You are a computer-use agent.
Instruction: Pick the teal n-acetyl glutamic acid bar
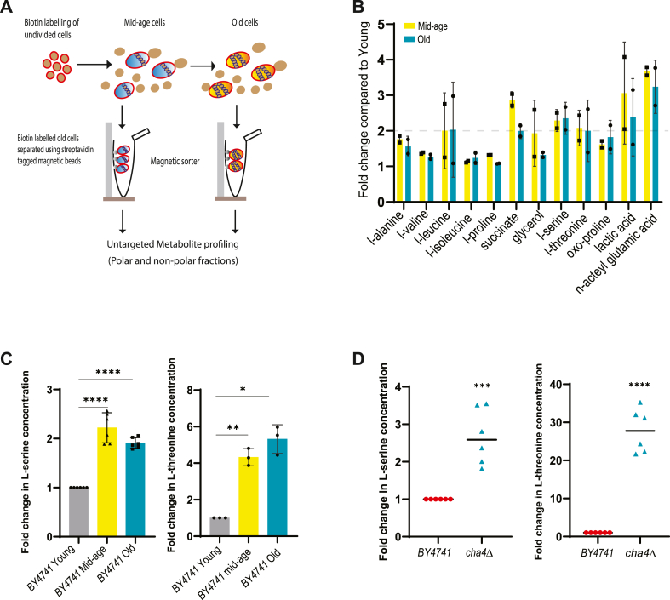655,141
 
